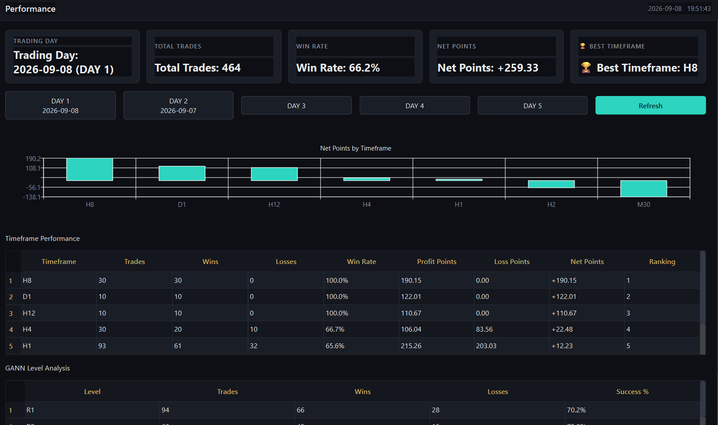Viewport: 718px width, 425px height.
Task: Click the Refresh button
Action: pos(650,106)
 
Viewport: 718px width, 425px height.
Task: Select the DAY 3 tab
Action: pos(296,106)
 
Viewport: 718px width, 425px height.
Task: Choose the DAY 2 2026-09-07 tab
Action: pos(178,106)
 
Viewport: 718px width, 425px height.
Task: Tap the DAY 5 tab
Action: pos(532,106)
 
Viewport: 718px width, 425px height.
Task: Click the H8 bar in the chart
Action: pos(90,169)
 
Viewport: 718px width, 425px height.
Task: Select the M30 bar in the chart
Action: pos(643,189)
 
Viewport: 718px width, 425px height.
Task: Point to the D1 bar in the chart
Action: pos(182,173)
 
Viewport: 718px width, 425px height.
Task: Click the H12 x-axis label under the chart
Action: pos(274,205)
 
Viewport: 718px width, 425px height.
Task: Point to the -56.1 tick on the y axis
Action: pos(33,187)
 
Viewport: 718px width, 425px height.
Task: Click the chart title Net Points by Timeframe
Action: pos(355,148)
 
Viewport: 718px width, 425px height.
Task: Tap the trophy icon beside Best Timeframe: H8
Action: pos(586,67)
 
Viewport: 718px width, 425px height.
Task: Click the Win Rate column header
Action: pos(361,261)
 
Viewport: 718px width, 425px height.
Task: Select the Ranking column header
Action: pos(662,261)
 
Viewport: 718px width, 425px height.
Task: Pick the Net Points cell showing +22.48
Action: pos(562,329)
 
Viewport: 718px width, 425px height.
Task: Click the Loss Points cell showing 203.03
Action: pos(486,346)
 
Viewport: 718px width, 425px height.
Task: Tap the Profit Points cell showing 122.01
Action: pos(411,296)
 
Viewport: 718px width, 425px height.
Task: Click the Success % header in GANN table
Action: pos(633,392)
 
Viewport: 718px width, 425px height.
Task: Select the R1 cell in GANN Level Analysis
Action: pos(30,410)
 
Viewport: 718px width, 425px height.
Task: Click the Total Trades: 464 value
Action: pos(197,68)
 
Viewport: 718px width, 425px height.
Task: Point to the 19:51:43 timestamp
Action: pos(699,9)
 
